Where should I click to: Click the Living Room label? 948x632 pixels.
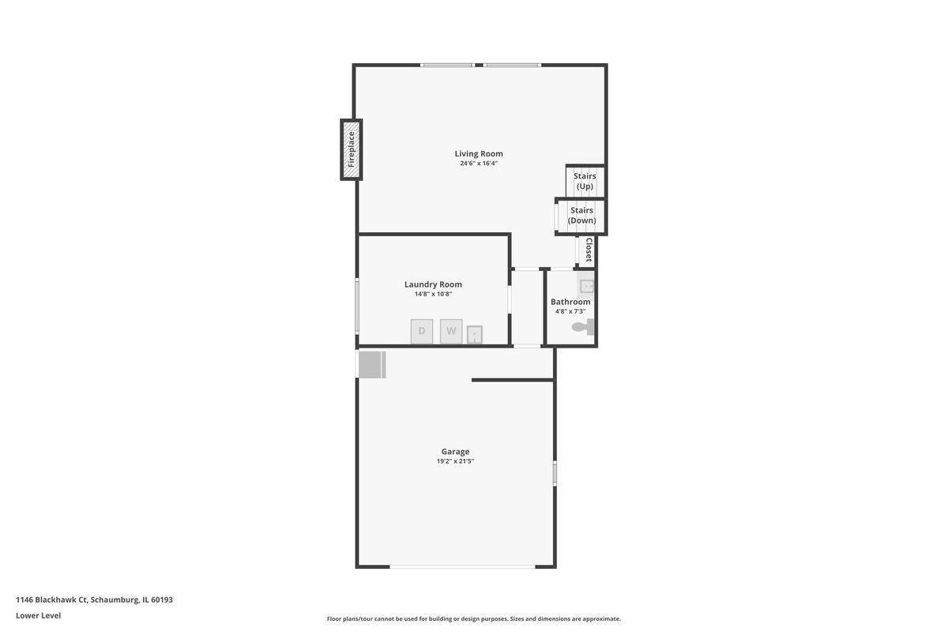(479, 154)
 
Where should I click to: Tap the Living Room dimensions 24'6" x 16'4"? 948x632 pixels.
(479, 164)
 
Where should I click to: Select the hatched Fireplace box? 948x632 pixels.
(352, 149)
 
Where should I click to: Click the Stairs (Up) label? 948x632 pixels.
(585, 181)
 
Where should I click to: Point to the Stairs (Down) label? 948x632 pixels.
(582, 216)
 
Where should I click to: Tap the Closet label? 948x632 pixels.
(589, 250)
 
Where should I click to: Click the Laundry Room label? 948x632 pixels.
(433, 284)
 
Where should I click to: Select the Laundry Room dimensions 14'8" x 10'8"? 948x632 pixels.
(433, 294)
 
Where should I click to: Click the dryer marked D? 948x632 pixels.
(422, 332)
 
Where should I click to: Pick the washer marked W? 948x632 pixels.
(451, 332)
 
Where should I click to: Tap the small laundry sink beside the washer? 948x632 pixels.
(475, 335)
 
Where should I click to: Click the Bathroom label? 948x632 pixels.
(570, 302)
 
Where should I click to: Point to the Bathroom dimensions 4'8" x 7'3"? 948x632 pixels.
(570, 311)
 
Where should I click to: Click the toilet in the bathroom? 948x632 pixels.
(583, 327)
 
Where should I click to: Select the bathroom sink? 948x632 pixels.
(586, 286)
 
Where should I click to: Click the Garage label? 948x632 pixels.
(455, 452)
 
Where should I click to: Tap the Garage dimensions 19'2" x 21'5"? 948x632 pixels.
(455, 461)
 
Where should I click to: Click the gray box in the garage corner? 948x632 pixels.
(372, 364)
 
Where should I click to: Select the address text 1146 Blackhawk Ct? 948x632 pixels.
(51, 600)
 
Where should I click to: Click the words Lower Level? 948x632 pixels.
(39, 616)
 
